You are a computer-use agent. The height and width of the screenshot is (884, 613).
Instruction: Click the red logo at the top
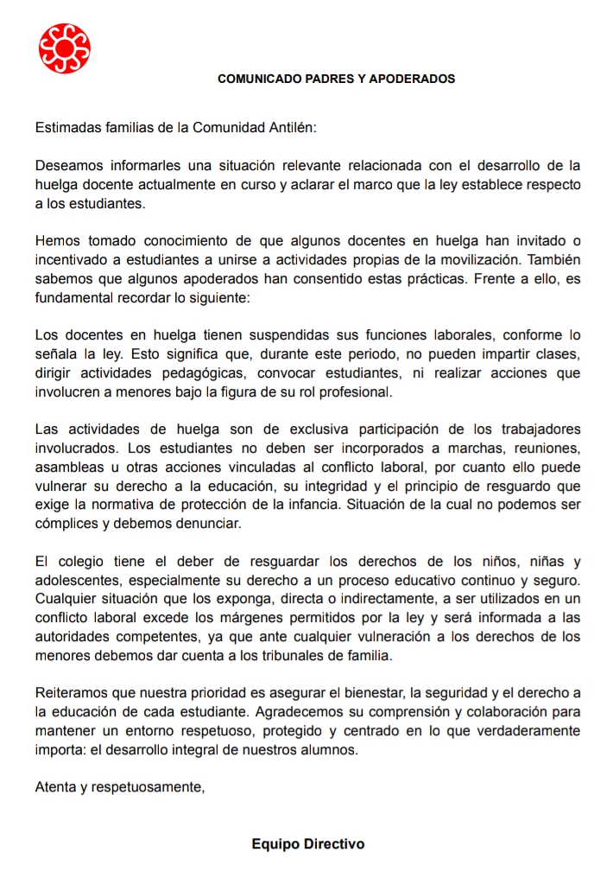click(65, 48)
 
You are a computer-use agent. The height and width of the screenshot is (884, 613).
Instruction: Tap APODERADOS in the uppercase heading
click(412, 79)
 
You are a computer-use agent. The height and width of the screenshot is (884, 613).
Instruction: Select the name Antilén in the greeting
click(290, 128)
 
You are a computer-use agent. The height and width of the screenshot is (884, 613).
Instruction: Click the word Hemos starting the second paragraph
click(56, 239)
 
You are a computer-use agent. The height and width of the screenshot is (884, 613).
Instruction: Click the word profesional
click(351, 391)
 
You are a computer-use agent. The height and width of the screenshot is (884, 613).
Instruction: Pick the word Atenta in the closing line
click(54, 786)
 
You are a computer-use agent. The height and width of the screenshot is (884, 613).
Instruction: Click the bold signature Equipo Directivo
click(307, 843)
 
